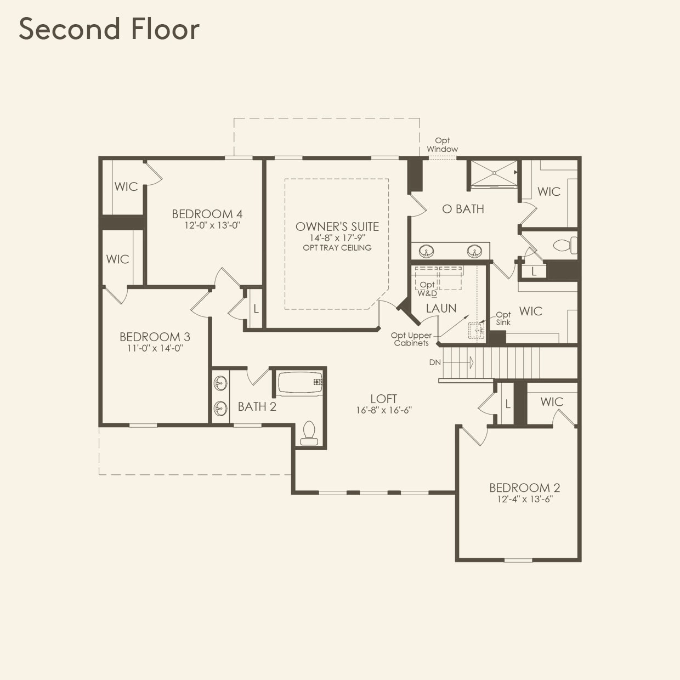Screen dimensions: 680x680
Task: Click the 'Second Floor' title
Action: [109, 29]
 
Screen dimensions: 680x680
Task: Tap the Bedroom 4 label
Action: [207, 214]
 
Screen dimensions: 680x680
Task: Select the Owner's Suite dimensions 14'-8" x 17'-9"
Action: [337, 238]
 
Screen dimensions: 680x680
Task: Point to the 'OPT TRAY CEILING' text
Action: [337, 248]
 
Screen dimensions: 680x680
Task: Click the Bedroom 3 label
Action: [155, 337]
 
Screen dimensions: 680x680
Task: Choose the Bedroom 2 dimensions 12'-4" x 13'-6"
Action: [524, 500]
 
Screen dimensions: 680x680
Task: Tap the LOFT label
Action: [383, 399]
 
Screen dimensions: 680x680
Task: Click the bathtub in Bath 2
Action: [299, 383]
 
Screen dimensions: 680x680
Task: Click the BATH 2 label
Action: [257, 406]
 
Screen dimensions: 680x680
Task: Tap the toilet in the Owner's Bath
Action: [565, 245]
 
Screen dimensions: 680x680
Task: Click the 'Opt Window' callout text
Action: [442, 145]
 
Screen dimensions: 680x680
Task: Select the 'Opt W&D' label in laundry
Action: [427, 289]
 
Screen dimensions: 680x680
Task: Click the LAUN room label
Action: [441, 308]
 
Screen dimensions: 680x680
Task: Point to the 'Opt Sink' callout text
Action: [503, 319]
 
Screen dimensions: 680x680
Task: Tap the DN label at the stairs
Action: [435, 362]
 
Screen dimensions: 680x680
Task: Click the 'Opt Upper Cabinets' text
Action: [411, 339]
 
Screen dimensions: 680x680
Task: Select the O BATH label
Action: [463, 209]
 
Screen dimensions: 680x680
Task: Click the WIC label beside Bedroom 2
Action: [552, 402]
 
